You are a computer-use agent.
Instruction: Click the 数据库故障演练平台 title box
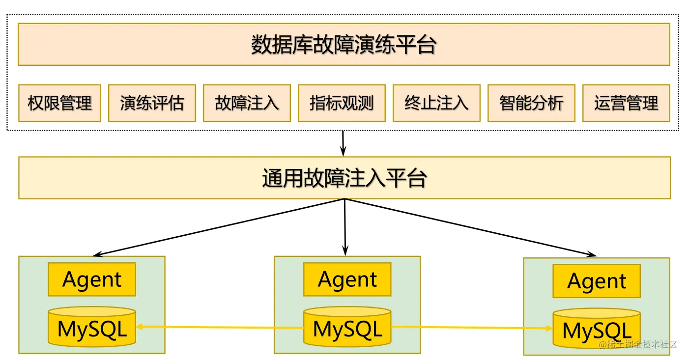(x=344, y=45)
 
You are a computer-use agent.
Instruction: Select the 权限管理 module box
(x=59, y=103)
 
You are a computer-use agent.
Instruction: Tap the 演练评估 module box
(x=152, y=103)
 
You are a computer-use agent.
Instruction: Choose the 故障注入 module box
(x=247, y=103)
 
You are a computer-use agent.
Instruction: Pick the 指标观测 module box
(x=342, y=103)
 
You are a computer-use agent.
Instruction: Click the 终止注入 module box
(x=436, y=103)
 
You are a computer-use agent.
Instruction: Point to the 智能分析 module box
(x=531, y=103)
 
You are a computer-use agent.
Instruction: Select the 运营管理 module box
(x=626, y=103)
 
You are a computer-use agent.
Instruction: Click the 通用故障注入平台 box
(x=344, y=178)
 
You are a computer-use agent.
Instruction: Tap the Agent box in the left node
(x=92, y=279)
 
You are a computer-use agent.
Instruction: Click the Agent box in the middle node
(x=347, y=279)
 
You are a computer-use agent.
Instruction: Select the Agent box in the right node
(x=597, y=281)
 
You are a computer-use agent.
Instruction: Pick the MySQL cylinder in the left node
(x=92, y=328)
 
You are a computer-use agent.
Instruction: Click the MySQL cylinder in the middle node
(x=347, y=328)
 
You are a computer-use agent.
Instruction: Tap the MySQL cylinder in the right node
(x=597, y=330)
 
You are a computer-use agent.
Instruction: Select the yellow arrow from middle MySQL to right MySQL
(x=472, y=328)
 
